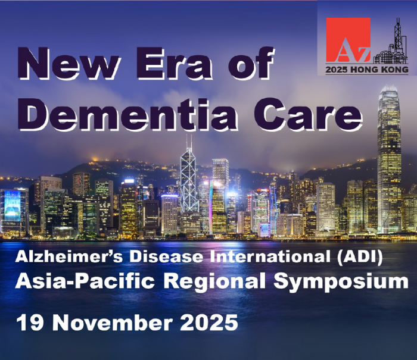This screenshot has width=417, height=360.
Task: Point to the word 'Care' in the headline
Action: tap(308, 114)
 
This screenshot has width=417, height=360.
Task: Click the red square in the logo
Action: tap(348, 40)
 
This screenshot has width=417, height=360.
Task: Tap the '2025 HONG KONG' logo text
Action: tap(367, 70)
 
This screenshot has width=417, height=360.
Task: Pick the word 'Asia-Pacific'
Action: tap(85, 281)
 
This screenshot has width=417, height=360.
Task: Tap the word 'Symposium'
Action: tap(341, 281)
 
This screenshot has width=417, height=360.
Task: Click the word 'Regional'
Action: tap(214, 281)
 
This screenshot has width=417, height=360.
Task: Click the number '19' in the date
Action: tap(30, 323)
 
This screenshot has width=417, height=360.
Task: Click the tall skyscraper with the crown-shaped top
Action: tap(389, 159)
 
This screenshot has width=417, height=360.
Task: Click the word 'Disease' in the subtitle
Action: tap(166, 257)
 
